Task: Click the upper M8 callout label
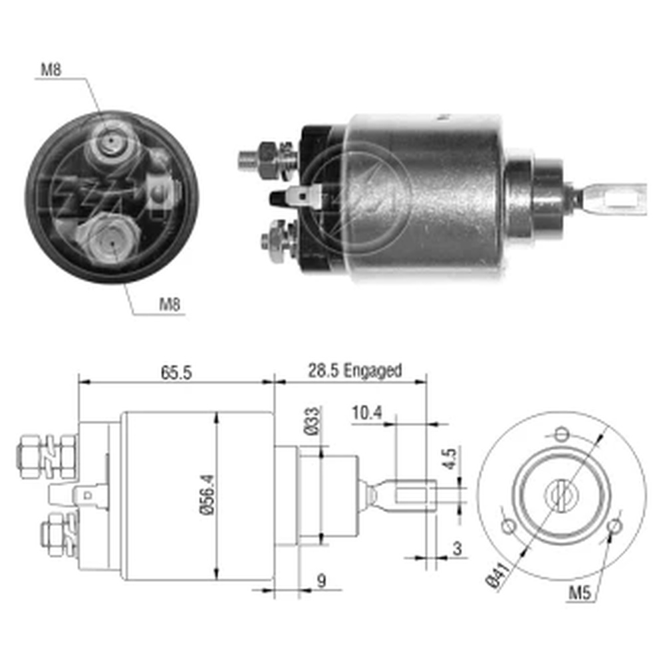[51, 70]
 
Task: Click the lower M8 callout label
[170, 304]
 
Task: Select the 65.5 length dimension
[176, 372]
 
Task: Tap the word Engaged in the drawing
[372, 371]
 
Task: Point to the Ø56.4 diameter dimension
[207, 495]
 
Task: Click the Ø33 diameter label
[312, 421]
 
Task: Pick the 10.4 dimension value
[367, 413]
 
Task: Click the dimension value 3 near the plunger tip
[458, 549]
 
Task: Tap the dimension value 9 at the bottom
[322, 581]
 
